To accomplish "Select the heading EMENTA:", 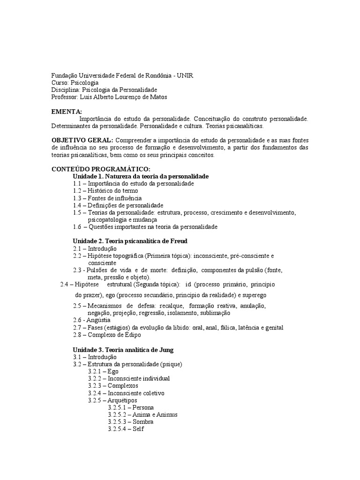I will click(x=66, y=112).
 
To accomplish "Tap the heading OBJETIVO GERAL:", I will click(x=82, y=140).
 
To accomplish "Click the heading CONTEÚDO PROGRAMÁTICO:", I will click(x=100, y=169).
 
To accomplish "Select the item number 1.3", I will click(x=77, y=198).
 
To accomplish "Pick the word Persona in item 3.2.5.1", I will click(x=143, y=407).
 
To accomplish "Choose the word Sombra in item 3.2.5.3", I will click(x=143, y=422).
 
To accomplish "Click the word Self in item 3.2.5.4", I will click(x=138, y=429).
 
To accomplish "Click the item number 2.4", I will click(x=66, y=285).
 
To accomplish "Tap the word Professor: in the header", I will click(x=64, y=97).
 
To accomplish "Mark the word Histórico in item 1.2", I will click(x=100, y=191).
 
